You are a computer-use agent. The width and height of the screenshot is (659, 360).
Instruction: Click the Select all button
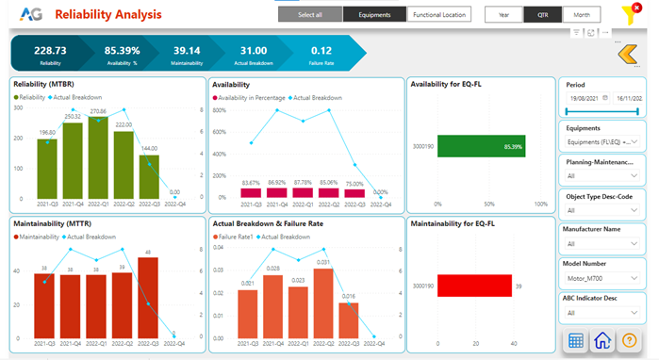click(310, 15)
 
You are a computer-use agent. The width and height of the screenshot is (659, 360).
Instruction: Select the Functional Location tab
click(439, 15)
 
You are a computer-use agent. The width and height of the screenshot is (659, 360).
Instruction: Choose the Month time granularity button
click(582, 15)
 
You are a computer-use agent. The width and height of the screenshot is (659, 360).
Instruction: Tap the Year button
click(503, 15)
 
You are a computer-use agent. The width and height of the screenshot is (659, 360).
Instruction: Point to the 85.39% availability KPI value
click(122, 50)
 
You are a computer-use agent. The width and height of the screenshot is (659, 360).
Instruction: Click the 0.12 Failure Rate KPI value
click(321, 50)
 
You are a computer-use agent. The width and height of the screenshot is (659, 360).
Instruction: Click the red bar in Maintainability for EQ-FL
click(473, 286)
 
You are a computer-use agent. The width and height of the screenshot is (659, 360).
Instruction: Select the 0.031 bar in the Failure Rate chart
click(323, 304)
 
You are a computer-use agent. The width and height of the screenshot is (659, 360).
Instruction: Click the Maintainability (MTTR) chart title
click(52, 223)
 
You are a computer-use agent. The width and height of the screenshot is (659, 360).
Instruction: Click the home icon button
click(603, 341)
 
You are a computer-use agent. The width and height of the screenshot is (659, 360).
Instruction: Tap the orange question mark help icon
click(631, 341)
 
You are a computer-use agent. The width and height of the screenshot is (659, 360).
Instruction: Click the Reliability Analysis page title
click(108, 15)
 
